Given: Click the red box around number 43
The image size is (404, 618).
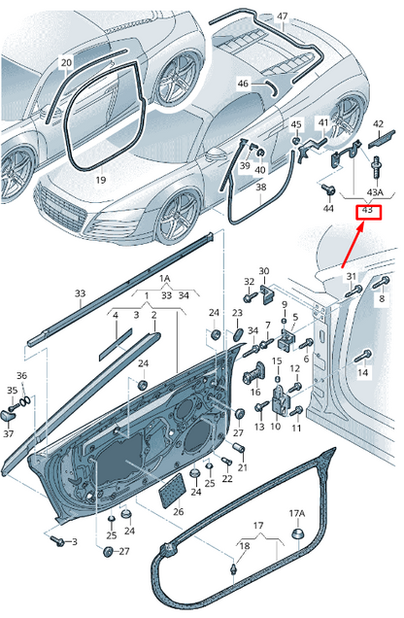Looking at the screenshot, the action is pos(369,213).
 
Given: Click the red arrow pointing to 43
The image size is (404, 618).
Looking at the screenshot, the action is pos(352,246).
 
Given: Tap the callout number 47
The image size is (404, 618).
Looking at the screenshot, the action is pos(283,17).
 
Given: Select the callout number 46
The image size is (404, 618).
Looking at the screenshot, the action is pos(243,84).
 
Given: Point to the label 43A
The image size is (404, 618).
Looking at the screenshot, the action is pos(375,192).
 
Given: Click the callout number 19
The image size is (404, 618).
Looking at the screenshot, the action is pos(101,180).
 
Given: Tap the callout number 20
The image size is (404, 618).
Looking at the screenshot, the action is pos(67,62).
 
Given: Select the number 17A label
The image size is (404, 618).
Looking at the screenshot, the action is pos(297,513).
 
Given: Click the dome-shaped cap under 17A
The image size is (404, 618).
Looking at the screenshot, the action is pos(297,533).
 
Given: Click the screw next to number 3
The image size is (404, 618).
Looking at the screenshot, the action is pos(58,541).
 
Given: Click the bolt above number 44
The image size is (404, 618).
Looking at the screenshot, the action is pos(327,189).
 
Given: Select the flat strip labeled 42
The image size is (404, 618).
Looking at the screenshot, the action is pos(381,139).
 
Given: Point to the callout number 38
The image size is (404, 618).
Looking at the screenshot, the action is pos(261,187).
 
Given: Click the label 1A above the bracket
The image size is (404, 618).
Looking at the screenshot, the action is pos(164,279).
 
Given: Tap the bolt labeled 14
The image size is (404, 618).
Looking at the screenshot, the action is pos(363,356).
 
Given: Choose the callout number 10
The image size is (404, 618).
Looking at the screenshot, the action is pos(275,426).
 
